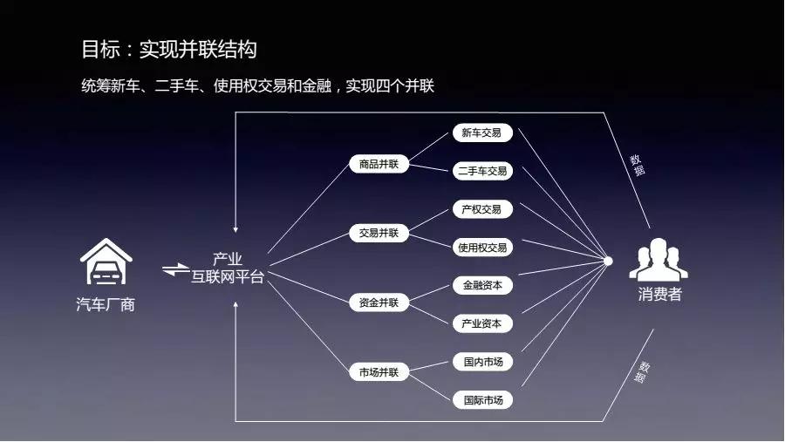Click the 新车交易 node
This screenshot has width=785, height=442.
pos(482,133)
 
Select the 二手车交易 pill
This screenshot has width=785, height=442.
pos(482,171)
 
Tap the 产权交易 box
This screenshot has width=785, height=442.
pos(482,209)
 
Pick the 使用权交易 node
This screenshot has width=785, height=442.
pos(482,248)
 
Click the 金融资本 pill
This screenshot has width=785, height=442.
pos(482,285)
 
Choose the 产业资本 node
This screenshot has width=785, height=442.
pos(482,323)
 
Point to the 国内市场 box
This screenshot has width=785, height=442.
pos(482,362)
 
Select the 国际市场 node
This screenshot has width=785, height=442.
pos(482,400)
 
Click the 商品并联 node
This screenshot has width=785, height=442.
pos(379,164)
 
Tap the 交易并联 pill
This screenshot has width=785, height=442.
pos(379,233)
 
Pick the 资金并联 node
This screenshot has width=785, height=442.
pos(379,303)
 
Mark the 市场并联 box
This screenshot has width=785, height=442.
pos(379,372)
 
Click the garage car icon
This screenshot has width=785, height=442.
pos(106,262)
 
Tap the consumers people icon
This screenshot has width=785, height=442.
pos(659,259)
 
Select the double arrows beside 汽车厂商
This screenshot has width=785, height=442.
pos(175,269)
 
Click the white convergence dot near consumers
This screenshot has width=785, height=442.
pos(608,261)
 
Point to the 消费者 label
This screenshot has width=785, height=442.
pos(660,295)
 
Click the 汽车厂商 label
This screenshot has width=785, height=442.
pos(106,304)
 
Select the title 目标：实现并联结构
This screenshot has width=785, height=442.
pos(169,50)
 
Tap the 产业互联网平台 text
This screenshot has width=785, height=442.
pos(228,268)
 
